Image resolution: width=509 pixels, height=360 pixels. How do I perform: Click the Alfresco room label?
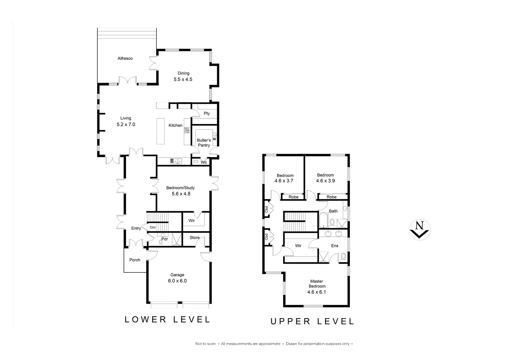click(125, 58)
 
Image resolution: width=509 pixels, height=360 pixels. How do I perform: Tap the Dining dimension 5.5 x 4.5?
click(183, 79)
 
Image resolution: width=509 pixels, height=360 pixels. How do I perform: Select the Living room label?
click(126, 118)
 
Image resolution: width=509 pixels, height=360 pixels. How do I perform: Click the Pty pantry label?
click(207, 113)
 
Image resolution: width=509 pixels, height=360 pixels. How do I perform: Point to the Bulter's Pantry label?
click(204, 143)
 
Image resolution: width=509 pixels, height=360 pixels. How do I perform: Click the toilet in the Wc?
click(196, 162)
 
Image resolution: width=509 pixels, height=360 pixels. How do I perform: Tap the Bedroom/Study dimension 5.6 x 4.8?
click(181, 194)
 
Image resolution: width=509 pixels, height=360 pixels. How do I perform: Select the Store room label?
click(195, 238)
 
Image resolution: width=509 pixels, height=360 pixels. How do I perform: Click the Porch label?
click(135, 260)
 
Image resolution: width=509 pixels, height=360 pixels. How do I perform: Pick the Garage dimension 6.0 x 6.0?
click(177, 281)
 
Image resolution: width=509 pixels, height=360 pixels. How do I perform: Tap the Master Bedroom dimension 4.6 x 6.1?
click(316, 292)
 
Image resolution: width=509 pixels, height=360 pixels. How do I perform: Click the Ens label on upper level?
click(334, 246)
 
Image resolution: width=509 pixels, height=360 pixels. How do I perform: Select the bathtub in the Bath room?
click(323, 221)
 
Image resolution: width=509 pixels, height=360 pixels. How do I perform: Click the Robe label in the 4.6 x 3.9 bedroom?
click(331, 197)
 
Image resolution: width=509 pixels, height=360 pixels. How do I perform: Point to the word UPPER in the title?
click(290, 321)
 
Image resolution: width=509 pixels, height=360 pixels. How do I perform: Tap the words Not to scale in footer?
click(206, 344)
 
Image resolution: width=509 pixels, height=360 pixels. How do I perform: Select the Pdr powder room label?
click(165, 239)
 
